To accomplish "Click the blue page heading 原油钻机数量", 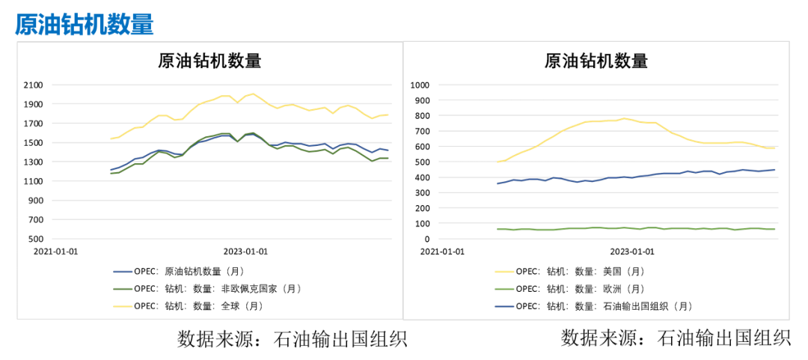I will point(85,24).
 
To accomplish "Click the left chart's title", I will point(209,61).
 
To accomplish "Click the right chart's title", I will point(596,61).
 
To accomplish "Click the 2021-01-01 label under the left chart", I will point(55,252).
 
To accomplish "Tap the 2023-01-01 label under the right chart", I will point(632,252).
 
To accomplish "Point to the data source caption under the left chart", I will point(293,338).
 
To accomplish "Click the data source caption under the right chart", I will point(676,338).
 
